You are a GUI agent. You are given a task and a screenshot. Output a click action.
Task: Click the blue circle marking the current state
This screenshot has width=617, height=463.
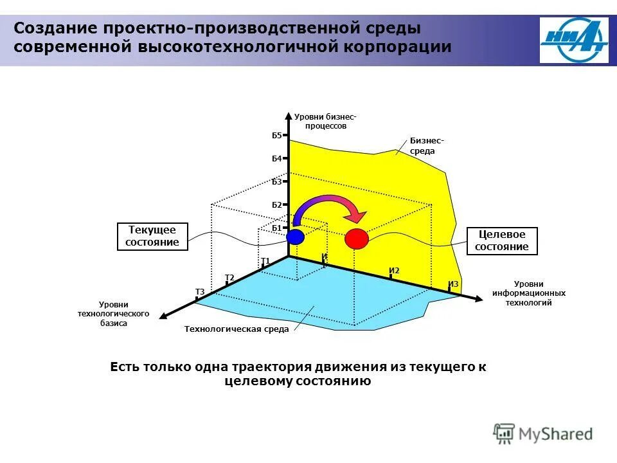[x=295, y=237]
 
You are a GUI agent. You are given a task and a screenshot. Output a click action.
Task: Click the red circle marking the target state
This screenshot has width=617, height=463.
[x=357, y=239]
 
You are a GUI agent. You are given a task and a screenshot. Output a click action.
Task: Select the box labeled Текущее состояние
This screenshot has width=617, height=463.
[x=152, y=236]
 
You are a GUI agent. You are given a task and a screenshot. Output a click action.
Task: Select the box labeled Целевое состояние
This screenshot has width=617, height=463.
[x=501, y=241]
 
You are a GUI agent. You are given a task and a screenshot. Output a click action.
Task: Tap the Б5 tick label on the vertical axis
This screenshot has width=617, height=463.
[x=276, y=136]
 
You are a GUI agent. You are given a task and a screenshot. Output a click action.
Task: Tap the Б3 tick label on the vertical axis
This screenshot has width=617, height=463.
[x=276, y=182]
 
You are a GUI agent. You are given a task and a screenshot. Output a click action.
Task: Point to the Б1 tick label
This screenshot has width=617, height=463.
[x=276, y=228]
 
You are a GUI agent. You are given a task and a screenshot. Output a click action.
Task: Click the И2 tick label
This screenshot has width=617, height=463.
[x=394, y=271]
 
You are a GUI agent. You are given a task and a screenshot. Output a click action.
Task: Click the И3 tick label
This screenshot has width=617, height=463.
[x=453, y=284]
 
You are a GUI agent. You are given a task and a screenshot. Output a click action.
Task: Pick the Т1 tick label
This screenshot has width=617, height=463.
[x=265, y=260]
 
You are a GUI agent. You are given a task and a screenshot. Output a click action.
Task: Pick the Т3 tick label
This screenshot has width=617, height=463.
[x=199, y=292]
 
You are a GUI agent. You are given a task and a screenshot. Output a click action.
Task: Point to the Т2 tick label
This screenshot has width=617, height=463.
[x=229, y=277]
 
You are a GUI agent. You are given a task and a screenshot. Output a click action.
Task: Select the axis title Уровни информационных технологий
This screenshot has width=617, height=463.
[x=530, y=293]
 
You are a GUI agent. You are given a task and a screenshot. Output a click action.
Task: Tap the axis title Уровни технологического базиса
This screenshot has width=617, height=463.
[x=113, y=314]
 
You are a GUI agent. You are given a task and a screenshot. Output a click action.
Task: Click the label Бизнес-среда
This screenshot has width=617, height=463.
[x=423, y=146]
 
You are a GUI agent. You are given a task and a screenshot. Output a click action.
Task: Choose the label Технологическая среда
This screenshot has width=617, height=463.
[x=237, y=329]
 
